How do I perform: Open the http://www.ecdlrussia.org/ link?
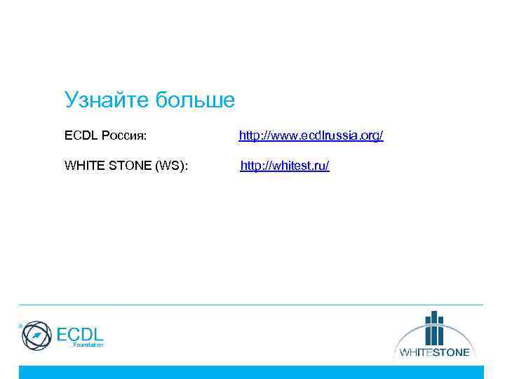[311, 135]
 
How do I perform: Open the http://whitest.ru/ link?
[285, 166]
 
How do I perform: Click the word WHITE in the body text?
[81, 166]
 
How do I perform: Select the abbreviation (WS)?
[171, 166]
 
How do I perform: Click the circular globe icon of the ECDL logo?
[36, 335]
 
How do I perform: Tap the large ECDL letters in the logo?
[79, 333]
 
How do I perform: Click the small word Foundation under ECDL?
[88, 345]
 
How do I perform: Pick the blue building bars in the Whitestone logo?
[434, 326]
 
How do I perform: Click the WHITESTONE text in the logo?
[434, 352]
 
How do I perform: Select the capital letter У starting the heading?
[69, 100]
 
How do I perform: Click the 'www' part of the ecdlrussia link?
[278, 135]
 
